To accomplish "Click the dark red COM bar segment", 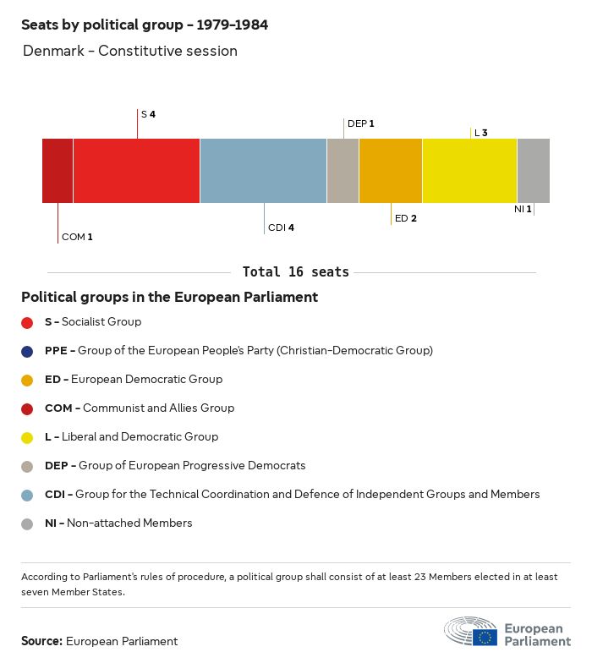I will [58, 171].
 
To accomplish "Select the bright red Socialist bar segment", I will [136, 171].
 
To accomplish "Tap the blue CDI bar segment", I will [263, 171].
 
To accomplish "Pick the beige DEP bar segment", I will [343, 171].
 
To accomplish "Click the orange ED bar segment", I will [391, 171].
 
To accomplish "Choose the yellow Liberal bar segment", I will [469, 171].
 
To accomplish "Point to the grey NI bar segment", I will [533, 171].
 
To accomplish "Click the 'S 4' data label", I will [148, 113].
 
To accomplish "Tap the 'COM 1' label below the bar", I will [77, 237].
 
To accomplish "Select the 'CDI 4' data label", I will [281, 227].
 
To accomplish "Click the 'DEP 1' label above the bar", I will [360, 123].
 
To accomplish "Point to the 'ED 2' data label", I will [406, 218].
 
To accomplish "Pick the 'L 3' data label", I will [480, 133].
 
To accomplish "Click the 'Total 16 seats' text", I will [295, 272].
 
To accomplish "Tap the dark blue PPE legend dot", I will [27, 351].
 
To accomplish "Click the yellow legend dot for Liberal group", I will [27, 437].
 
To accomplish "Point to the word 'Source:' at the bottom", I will [41, 641].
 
